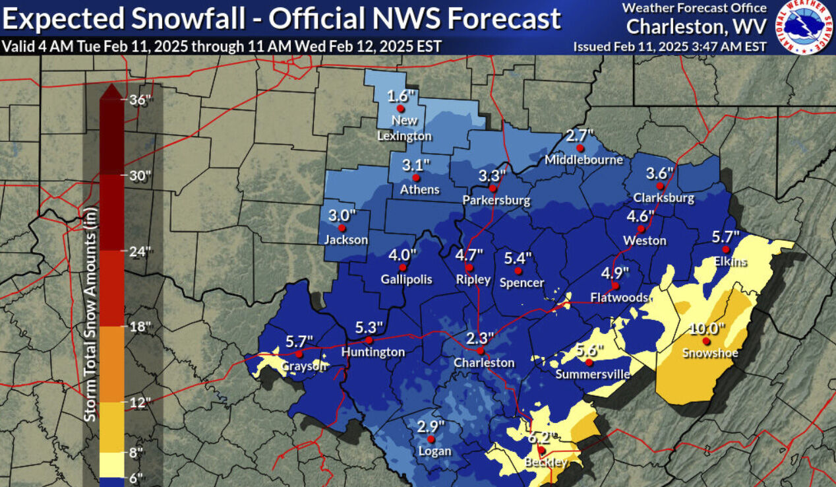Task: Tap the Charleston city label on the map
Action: (484, 362)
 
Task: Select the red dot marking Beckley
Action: (541, 451)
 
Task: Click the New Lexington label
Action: (404, 128)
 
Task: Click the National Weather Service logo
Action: (804, 27)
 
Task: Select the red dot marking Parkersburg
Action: (493, 188)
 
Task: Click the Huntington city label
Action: (373, 352)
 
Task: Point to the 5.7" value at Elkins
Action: (726, 236)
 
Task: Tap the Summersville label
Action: (593, 375)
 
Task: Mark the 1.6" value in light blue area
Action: (401, 95)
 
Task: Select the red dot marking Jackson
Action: (342, 228)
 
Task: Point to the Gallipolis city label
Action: (406, 279)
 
